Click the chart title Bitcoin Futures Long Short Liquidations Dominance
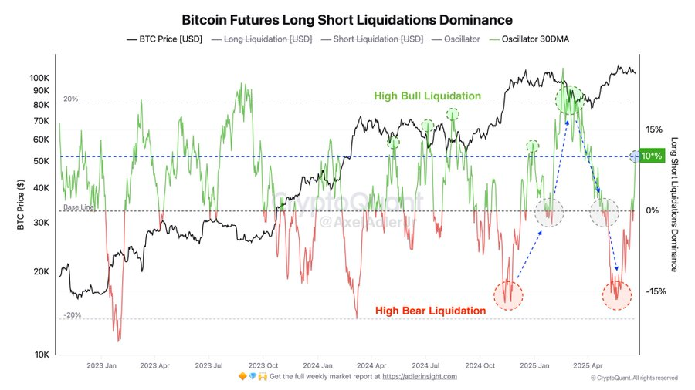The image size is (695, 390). pos(347,18)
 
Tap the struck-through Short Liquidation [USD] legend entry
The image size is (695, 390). pos(379,39)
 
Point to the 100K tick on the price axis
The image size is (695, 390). pos(39,79)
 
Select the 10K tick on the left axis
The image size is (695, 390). pos(40,355)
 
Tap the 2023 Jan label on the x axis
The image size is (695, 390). pos(101,365)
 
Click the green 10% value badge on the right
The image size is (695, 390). pos(652,156)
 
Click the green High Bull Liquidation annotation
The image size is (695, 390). pos(427,96)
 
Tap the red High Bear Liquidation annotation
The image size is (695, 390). pos(430,311)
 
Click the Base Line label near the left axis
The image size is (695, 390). pos(76,207)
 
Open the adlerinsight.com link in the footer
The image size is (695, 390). pos(420,376)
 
